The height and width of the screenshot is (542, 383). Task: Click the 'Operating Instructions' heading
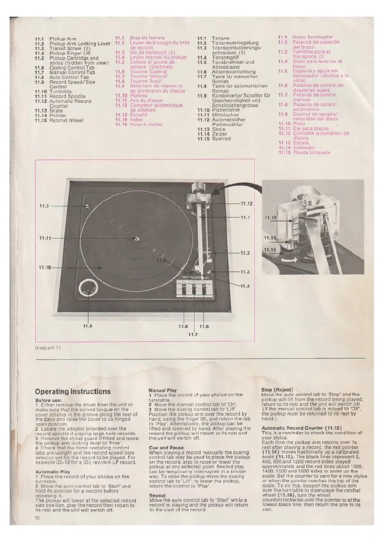coord(72,391)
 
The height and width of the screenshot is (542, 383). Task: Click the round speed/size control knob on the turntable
coord(88,287)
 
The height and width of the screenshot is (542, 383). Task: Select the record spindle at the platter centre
coord(136,238)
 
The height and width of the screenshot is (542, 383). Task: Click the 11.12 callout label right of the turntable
coord(246,204)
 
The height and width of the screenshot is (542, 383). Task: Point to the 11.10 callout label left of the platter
coord(45,267)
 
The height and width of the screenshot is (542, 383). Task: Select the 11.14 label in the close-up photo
coord(270,238)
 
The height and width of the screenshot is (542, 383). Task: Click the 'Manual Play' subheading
coord(163,390)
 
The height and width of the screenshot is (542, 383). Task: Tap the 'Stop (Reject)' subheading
coord(277,390)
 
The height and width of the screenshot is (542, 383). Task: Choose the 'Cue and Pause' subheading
coord(166,447)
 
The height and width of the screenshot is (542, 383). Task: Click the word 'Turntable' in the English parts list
coord(61,91)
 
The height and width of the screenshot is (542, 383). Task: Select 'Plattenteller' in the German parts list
coord(226,110)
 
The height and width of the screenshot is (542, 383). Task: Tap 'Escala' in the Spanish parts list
coord(301,143)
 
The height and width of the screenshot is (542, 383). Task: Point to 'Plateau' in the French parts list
coord(138,96)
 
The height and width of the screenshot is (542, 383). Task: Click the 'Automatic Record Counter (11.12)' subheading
coord(302,428)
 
